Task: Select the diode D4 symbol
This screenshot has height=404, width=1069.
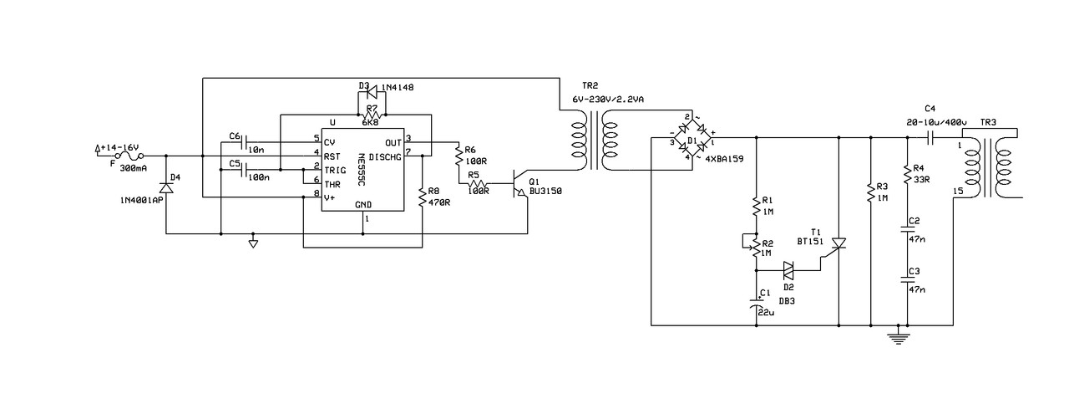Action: click(166, 187)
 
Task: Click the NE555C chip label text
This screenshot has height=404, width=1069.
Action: click(362, 170)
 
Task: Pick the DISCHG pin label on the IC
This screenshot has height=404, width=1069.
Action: click(385, 156)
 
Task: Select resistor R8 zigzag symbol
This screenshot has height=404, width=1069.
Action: click(422, 197)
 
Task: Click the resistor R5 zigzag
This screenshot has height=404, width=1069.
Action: click(477, 183)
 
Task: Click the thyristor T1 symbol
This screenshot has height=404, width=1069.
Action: click(838, 244)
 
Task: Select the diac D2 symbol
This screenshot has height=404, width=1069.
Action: click(788, 271)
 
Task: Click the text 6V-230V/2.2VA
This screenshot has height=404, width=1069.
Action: click(608, 100)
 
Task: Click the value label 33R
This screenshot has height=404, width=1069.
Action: click(921, 180)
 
